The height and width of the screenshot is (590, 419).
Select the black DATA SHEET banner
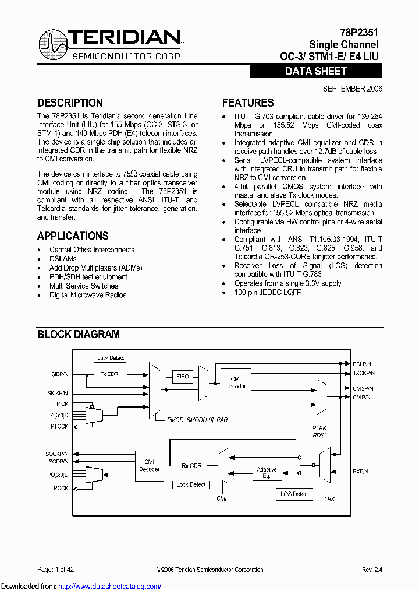point(316,72)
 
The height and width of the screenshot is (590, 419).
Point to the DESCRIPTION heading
point(70,103)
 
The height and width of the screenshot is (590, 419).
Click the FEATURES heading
point(248,103)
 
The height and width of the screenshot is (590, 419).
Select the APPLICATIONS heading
point(73,236)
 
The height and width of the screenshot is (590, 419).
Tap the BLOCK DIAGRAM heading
point(79,335)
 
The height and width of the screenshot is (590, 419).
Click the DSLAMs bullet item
point(63,259)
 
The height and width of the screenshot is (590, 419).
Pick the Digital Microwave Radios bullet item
point(88,295)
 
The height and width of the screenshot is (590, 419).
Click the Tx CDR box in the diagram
point(110,374)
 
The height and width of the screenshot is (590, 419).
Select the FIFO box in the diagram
point(183,377)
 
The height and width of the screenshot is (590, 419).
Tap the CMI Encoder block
point(236,382)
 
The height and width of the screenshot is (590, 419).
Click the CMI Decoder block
point(149,465)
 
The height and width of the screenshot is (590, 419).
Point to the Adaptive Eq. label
point(267,473)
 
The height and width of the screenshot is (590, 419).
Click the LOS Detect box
point(294,494)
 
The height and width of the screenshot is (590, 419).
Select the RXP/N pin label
point(361,471)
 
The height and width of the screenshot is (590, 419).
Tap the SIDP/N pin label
point(59,374)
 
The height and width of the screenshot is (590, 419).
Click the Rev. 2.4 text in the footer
point(372,570)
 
